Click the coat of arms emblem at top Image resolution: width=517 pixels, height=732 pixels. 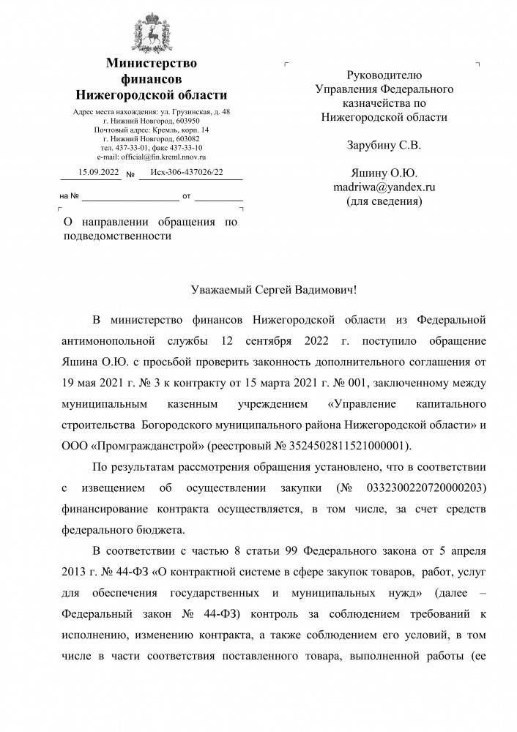tap(152, 29)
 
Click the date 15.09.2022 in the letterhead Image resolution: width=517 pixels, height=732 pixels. tap(89, 173)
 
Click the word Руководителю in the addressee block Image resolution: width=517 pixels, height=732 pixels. tap(384, 74)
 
